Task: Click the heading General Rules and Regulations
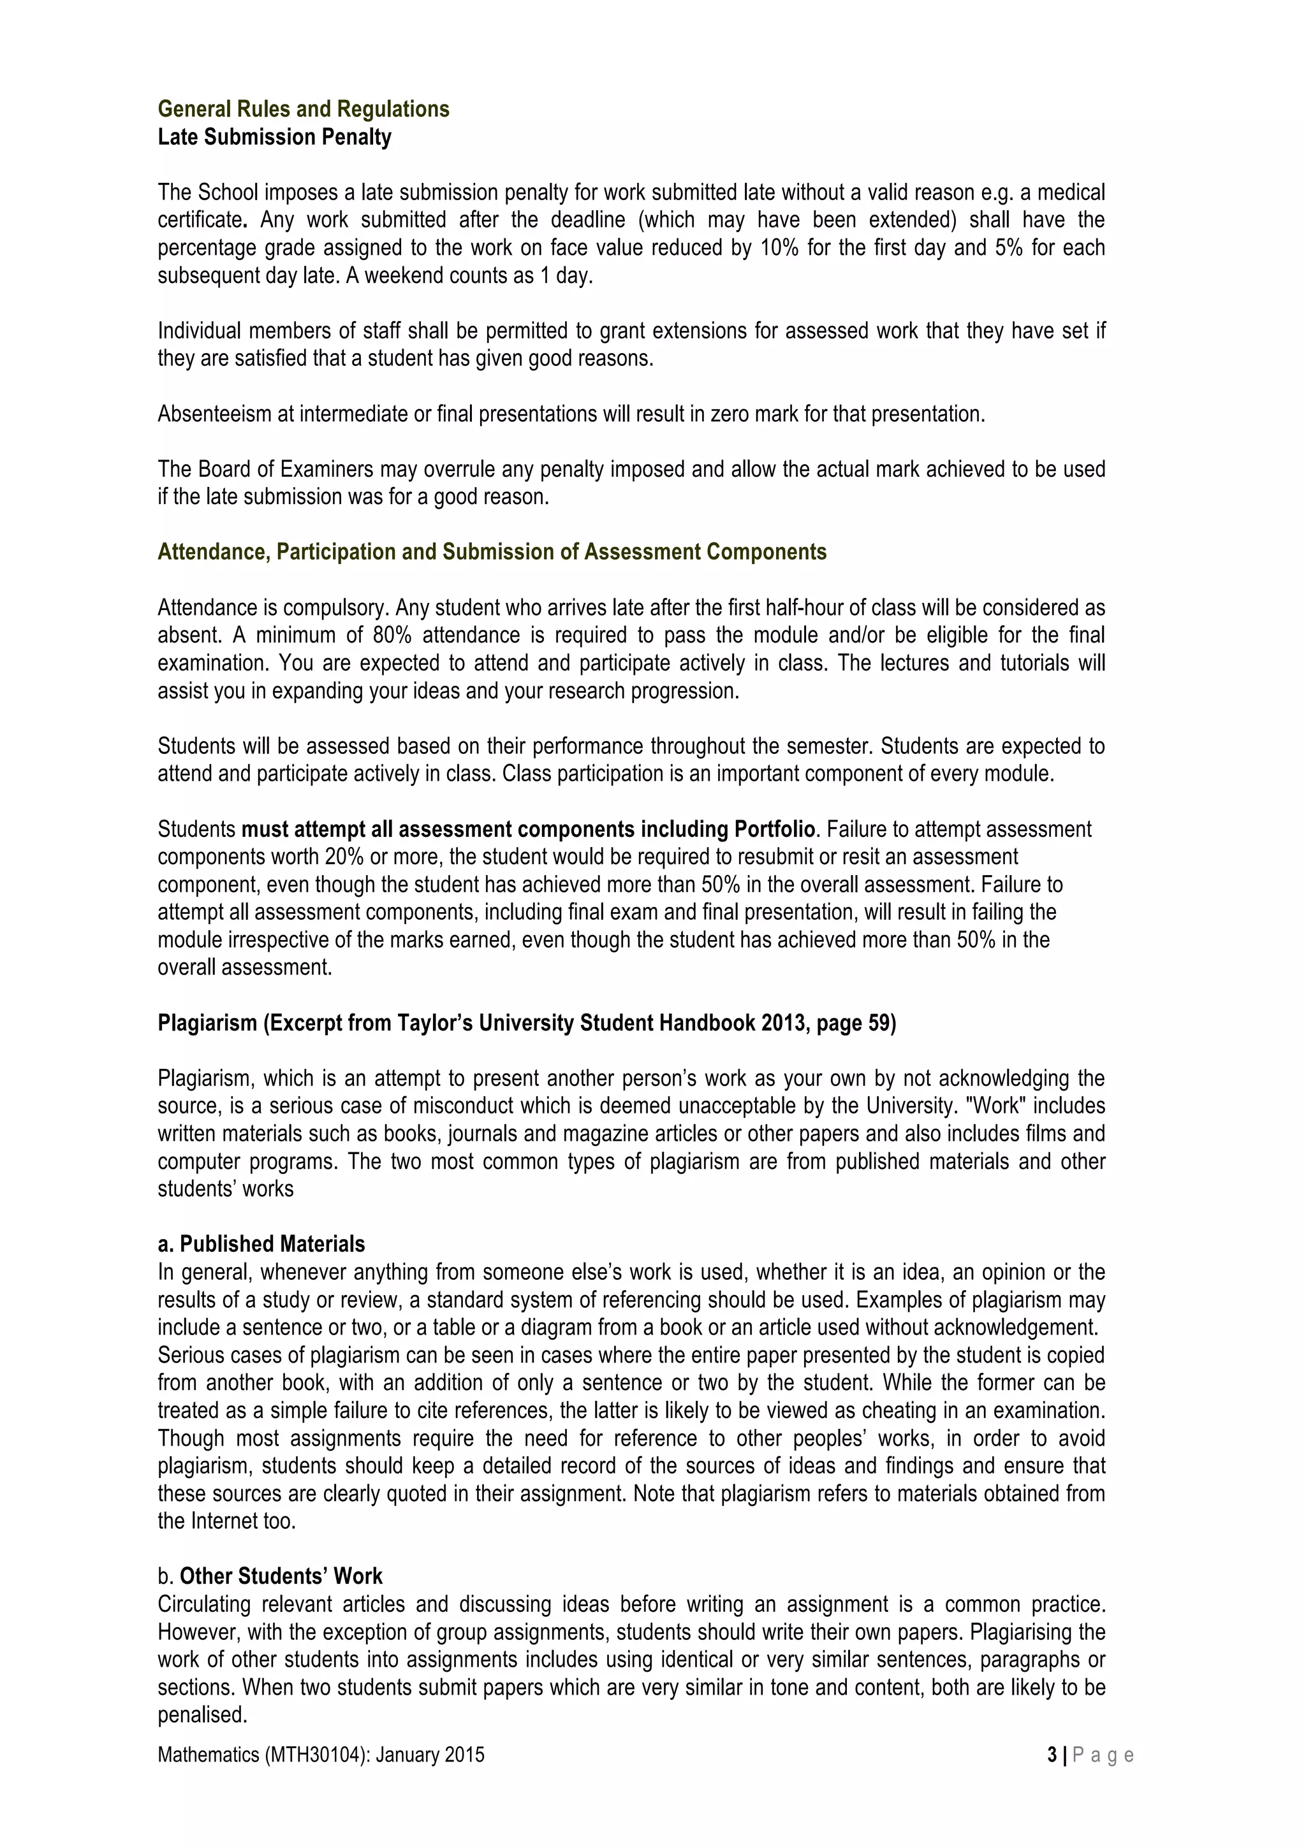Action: pos(304,110)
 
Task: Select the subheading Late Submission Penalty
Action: pos(274,138)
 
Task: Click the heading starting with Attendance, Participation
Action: pos(492,552)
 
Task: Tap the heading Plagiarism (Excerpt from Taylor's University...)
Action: pos(526,1024)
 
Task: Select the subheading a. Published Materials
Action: pos(261,1245)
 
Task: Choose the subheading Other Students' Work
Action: pos(281,1576)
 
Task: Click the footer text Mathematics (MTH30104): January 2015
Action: pos(321,1755)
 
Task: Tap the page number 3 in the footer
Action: pos(1053,1755)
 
